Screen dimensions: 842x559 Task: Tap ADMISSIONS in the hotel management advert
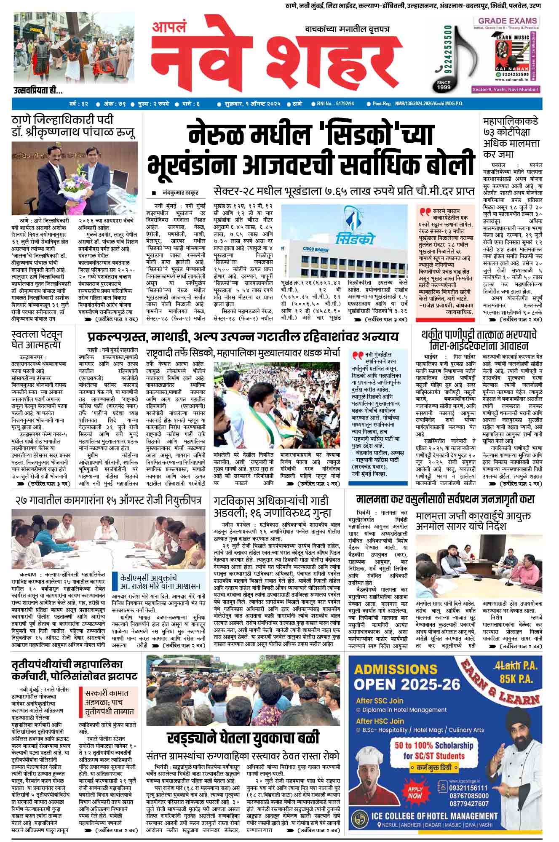pyautogui.click(x=390, y=669)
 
